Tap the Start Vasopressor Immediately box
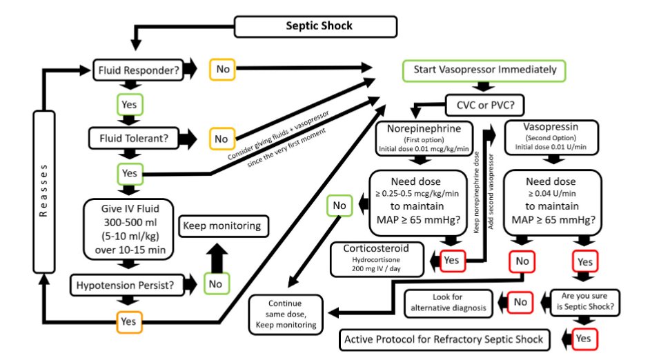[484, 70]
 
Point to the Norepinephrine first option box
[424, 139]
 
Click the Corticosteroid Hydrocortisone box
[380, 259]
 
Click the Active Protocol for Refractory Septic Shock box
[446, 339]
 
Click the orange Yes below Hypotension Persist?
[129, 321]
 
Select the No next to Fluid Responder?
[223, 70]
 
